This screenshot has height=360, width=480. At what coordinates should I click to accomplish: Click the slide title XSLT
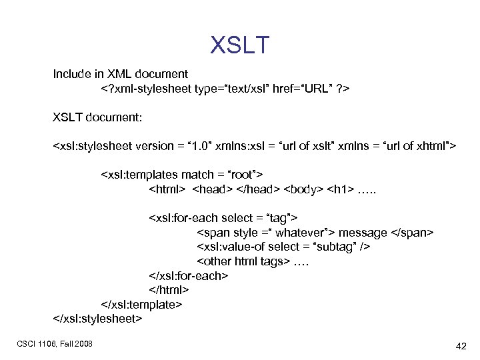[240, 45]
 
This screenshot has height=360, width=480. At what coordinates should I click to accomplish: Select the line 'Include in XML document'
[121, 73]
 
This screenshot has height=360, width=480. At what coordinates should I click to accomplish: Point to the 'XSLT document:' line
[97, 117]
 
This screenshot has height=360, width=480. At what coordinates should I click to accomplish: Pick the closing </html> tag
[169, 290]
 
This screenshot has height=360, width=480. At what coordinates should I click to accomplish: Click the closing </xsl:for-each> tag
[189, 275]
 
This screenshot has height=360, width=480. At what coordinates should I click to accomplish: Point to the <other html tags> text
[243, 261]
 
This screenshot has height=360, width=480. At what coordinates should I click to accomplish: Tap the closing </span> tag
[411, 232]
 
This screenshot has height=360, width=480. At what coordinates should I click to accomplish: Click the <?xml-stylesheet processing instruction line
[226, 88]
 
